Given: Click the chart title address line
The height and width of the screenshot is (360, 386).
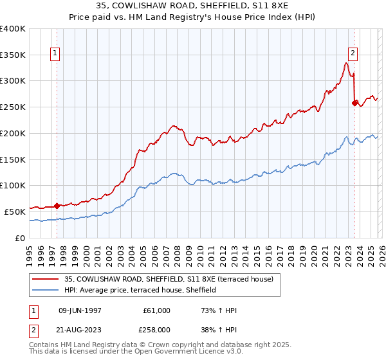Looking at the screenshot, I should click(192, 6).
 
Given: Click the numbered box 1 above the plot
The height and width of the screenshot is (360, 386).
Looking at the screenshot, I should click(57, 54).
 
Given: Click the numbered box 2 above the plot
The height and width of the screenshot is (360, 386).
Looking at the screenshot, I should click(353, 54).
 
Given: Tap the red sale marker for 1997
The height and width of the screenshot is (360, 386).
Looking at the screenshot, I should click(57, 206).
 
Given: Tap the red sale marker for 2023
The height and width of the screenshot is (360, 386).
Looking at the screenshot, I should click(354, 102).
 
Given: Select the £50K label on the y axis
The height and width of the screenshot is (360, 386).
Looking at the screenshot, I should click(15, 212).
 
